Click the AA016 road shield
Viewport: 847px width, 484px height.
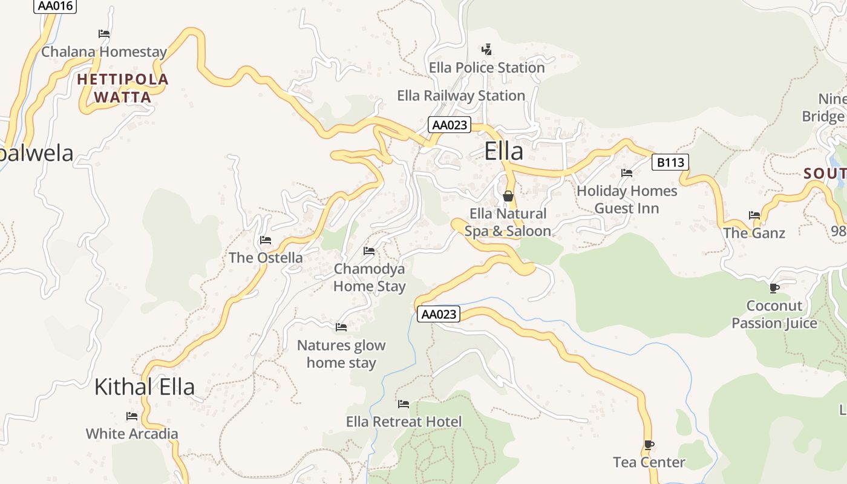pyautogui.click(x=55, y=6)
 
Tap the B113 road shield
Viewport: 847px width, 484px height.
pyautogui.click(x=670, y=162)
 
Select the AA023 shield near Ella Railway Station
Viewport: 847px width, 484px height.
pyautogui.click(x=450, y=125)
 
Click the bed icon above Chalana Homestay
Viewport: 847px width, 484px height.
pyautogui.click(x=104, y=34)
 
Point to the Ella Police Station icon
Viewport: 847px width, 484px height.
pyautogui.click(x=486, y=50)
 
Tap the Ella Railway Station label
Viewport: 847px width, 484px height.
pyautogui.click(x=461, y=96)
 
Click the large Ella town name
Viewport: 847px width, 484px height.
pyautogui.click(x=503, y=151)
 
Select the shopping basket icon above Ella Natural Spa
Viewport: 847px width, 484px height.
pyautogui.click(x=508, y=196)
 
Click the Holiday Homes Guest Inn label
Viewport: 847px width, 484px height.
pyautogui.click(x=627, y=200)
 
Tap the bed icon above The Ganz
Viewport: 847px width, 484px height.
pyautogui.click(x=754, y=215)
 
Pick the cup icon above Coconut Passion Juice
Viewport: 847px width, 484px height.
pyautogui.click(x=774, y=288)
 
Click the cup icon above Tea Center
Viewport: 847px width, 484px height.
pyautogui.click(x=649, y=445)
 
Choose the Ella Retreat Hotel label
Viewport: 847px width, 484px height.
pyautogui.click(x=404, y=422)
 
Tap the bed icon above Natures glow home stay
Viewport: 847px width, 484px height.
pyautogui.click(x=341, y=327)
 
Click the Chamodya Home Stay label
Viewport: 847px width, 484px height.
pyautogui.click(x=370, y=277)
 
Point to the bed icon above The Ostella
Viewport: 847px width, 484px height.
pyautogui.click(x=266, y=240)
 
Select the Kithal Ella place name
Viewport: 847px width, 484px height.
pyautogui.click(x=145, y=387)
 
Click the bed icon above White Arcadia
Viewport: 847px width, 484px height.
pyautogui.click(x=132, y=416)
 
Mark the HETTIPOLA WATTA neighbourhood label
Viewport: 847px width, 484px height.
pyautogui.click(x=123, y=88)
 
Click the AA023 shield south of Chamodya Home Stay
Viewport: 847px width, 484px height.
pyautogui.click(x=439, y=315)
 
